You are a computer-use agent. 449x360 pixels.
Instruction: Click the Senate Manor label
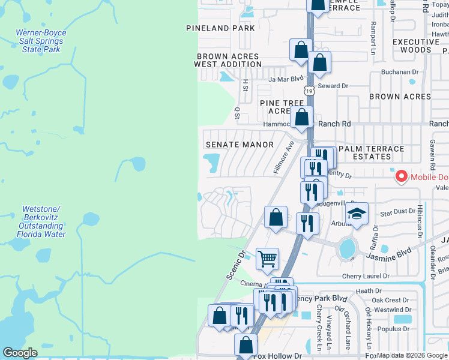point(240,145)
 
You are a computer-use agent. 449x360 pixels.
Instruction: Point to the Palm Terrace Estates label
point(372,152)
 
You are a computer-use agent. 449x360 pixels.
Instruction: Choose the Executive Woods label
point(420,46)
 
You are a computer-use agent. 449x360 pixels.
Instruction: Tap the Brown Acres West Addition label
point(228,61)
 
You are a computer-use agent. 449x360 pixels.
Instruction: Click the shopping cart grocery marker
point(267,259)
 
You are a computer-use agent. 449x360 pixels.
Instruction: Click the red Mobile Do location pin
point(400,177)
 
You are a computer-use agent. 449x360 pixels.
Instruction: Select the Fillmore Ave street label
point(283,158)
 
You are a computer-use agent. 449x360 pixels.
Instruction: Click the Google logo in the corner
point(20,353)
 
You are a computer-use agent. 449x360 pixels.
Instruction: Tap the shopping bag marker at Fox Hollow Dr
point(246,345)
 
